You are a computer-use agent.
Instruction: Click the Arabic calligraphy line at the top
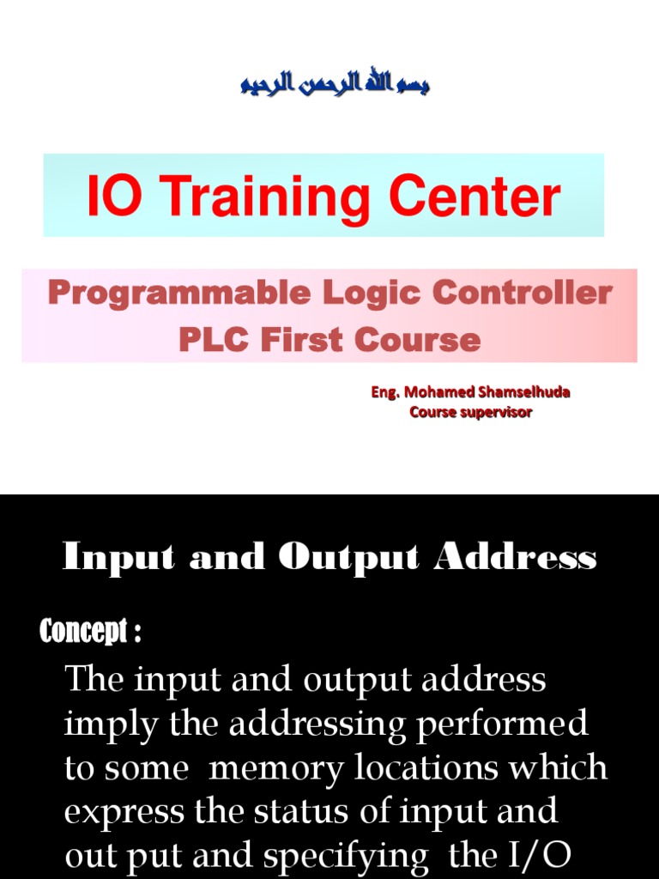click(x=335, y=84)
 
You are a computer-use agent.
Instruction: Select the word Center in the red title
click(x=475, y=197)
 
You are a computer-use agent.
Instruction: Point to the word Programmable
click(x=178, y=294)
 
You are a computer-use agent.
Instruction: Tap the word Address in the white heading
click(x=516, y=558)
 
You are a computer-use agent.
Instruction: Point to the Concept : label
click(x=90, y=633)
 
